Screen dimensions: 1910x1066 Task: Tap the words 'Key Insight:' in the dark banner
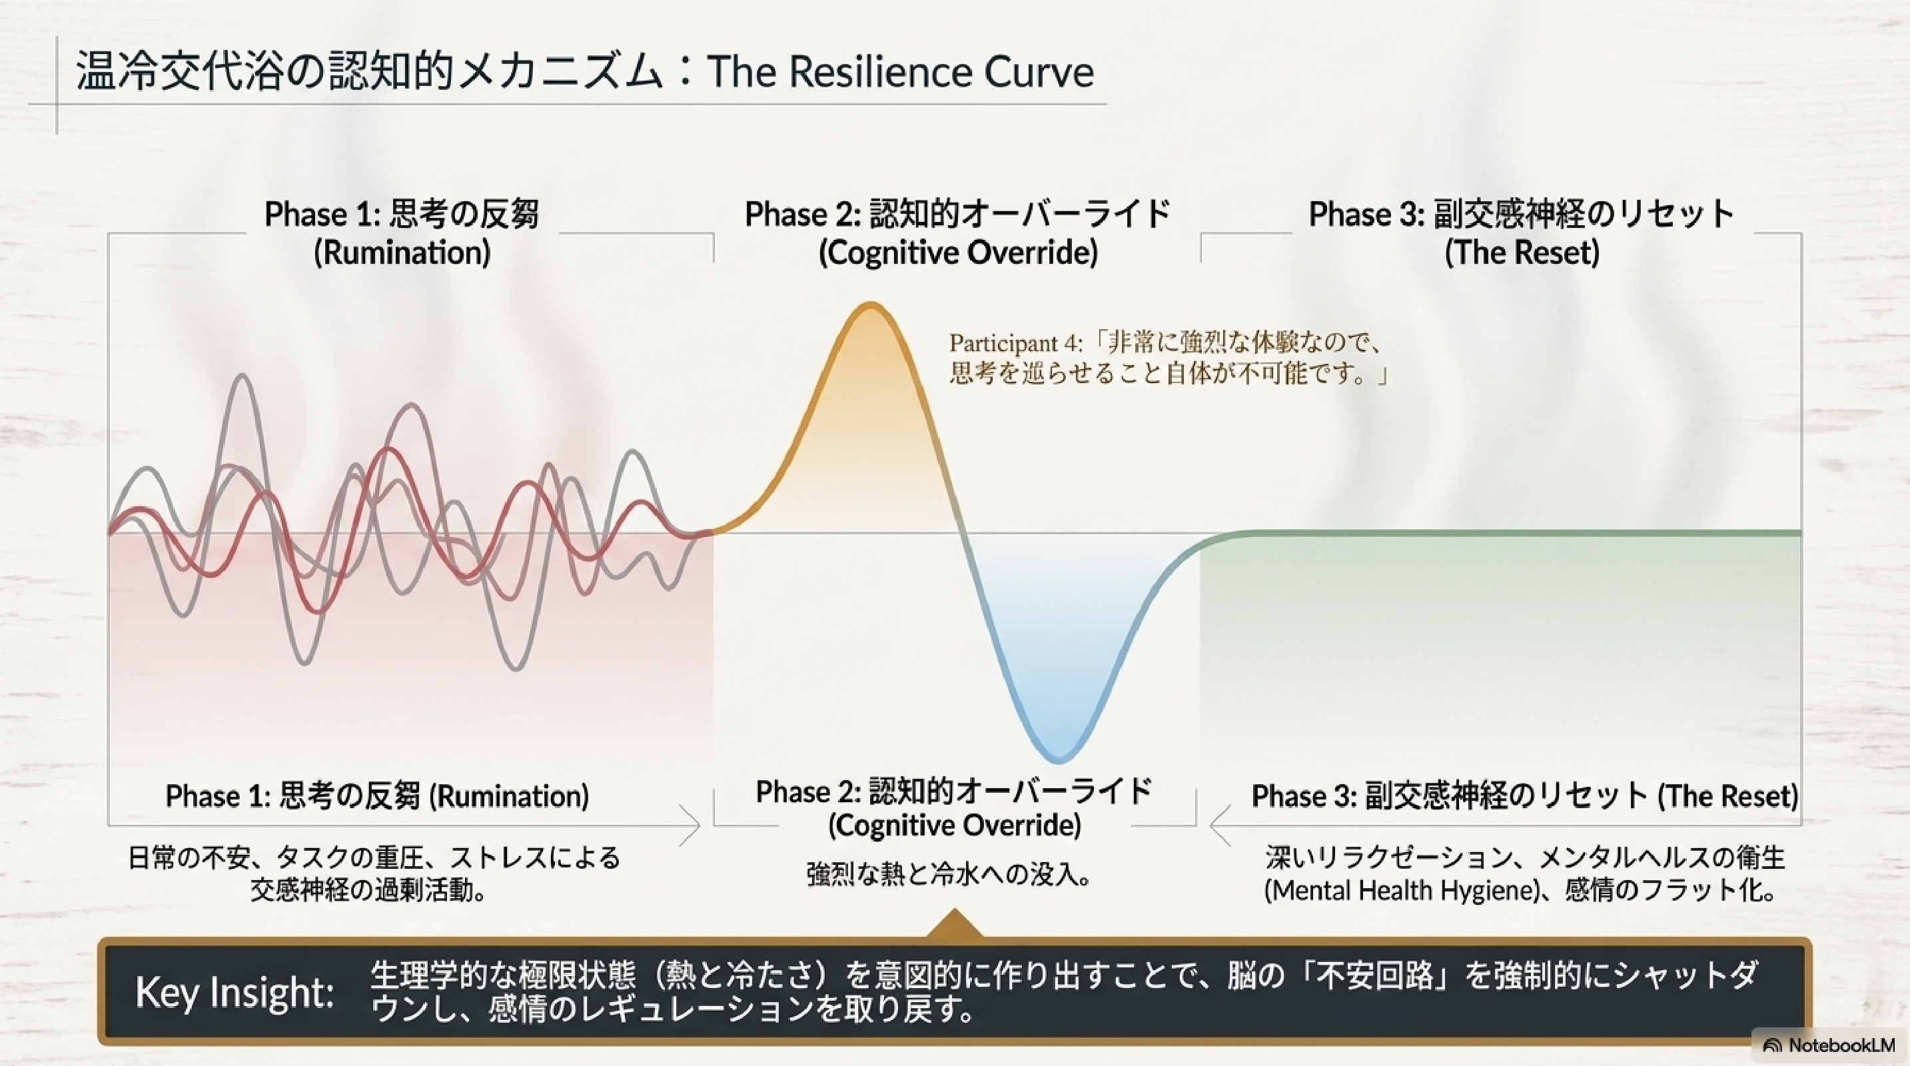pos(235,992)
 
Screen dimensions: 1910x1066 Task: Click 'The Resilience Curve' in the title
pos(900,72)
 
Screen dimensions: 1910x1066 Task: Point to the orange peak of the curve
pos(870,305)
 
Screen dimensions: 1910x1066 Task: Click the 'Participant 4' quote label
pos(1017,342)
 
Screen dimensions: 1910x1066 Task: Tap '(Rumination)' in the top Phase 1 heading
pos(402,253)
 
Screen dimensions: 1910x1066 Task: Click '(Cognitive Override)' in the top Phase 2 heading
pos(958,253)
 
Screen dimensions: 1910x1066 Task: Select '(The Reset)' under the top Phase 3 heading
pos(1522,253)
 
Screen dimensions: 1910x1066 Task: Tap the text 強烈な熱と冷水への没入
pos(949,875)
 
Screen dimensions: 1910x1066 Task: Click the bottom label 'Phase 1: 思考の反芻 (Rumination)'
pos(377,796)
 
